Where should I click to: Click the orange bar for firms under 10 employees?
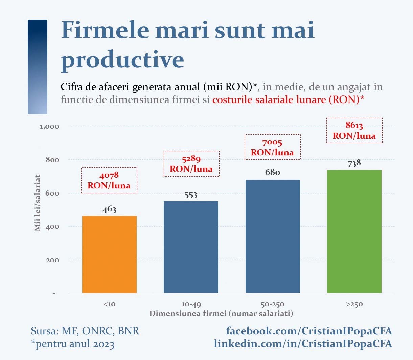[109, 254]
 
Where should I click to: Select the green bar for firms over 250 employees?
[354, 231]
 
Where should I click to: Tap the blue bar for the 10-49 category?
[191, 247]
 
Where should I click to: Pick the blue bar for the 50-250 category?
[273, 236]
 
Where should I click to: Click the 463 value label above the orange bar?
[109, 209]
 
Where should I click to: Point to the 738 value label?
[354, 163]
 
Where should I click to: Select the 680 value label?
[273, 172]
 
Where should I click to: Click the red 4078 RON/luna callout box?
[109, 180]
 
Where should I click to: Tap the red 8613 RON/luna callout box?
[354, 130]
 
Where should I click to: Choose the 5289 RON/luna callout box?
[191, 164]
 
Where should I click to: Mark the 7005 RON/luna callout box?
[273, 147]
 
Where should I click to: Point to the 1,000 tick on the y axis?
[49, 127]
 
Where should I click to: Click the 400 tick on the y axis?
[52, 227]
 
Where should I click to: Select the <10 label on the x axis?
[109, 304]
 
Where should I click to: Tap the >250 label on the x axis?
[354, 304]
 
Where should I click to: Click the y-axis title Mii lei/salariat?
[37, 203]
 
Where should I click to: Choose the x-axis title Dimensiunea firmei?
[221, 313]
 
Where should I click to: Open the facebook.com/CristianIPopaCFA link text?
[309, 331]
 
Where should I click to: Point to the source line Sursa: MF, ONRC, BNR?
[85, 331]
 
